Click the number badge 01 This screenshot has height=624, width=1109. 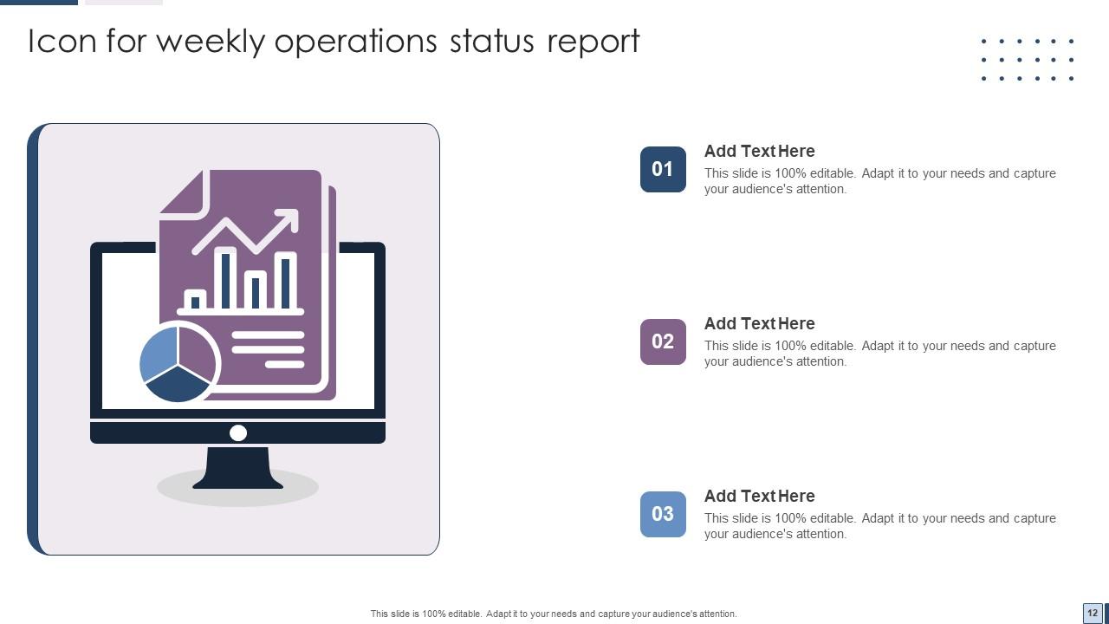(663, 169)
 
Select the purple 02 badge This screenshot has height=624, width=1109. (663, 341)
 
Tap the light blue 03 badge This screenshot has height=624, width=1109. (663, 514)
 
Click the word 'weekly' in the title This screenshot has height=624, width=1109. (211, 42)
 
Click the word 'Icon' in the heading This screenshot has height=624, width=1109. (62, 42)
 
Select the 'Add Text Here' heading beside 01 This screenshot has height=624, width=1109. (759, 151)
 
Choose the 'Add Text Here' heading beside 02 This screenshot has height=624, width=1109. (759, 323)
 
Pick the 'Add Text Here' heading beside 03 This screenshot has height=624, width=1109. (759, 496)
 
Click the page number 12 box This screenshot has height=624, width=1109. (1093, 612)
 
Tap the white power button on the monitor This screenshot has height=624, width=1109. (238, 432)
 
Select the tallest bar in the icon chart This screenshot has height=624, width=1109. (225, 279)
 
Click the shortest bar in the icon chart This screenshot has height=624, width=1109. (195, 301)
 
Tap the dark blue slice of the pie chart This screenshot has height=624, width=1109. (178, 385)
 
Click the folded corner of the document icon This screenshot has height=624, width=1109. (184, 192)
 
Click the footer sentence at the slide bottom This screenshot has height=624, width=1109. (554, 614)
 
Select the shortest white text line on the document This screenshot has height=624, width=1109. (285, 365)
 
